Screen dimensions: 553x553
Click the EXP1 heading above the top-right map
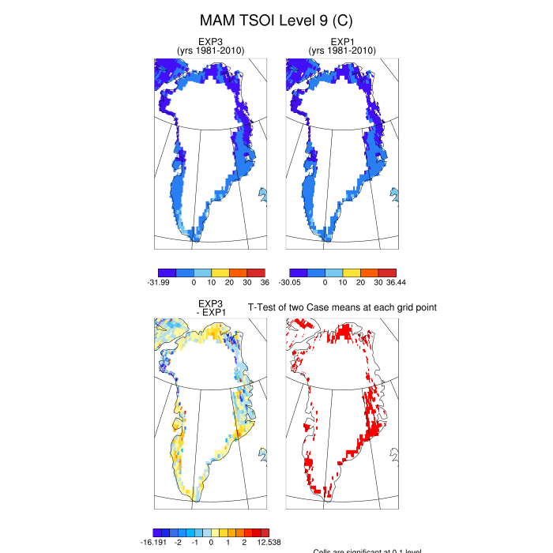[x=342, y=42]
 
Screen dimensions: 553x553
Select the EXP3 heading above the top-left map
[x=210, y=42]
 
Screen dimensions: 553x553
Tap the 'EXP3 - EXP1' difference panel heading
[x=210, y=307]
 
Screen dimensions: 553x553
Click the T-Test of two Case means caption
[x=343, y=307]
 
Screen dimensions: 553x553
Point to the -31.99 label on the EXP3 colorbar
[x=160, y=282]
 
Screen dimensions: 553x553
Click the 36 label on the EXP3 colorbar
[x=265, y=282]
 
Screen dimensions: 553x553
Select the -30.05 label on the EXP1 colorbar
[x=292, y=282]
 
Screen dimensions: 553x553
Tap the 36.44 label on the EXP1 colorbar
[x=395, y=282]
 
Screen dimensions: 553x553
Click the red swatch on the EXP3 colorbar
[x=256, y=273]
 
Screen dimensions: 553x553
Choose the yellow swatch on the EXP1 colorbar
[x=352, y=273]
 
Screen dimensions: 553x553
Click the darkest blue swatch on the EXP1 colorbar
[x=298, y=273]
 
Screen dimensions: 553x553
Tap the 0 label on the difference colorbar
[x=211, y=543]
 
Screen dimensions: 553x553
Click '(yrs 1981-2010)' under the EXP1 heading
[x=342, y=51]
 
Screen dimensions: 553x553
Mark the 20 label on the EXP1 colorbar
[x=360, y=282]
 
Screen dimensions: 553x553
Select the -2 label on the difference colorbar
[x=179, y=543]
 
